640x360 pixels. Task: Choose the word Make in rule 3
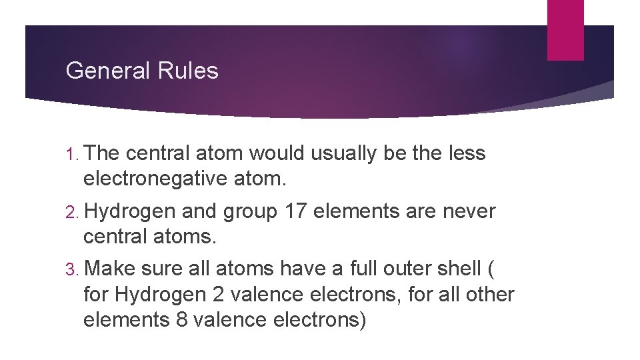click(110, 269)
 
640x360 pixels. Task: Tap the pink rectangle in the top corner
click(565, 29)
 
